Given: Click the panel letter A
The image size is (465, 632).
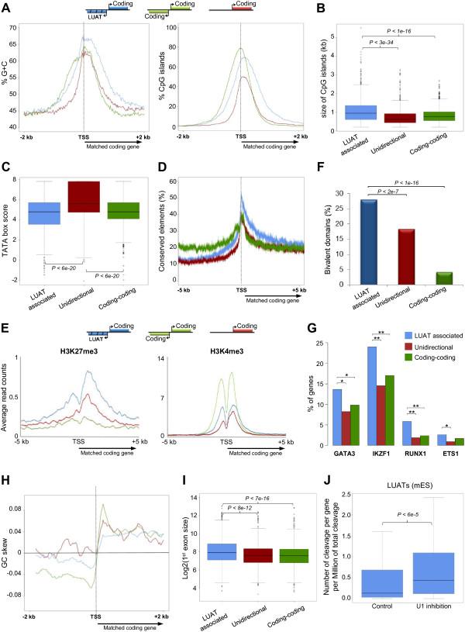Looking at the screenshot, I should (x=7, y=7).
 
